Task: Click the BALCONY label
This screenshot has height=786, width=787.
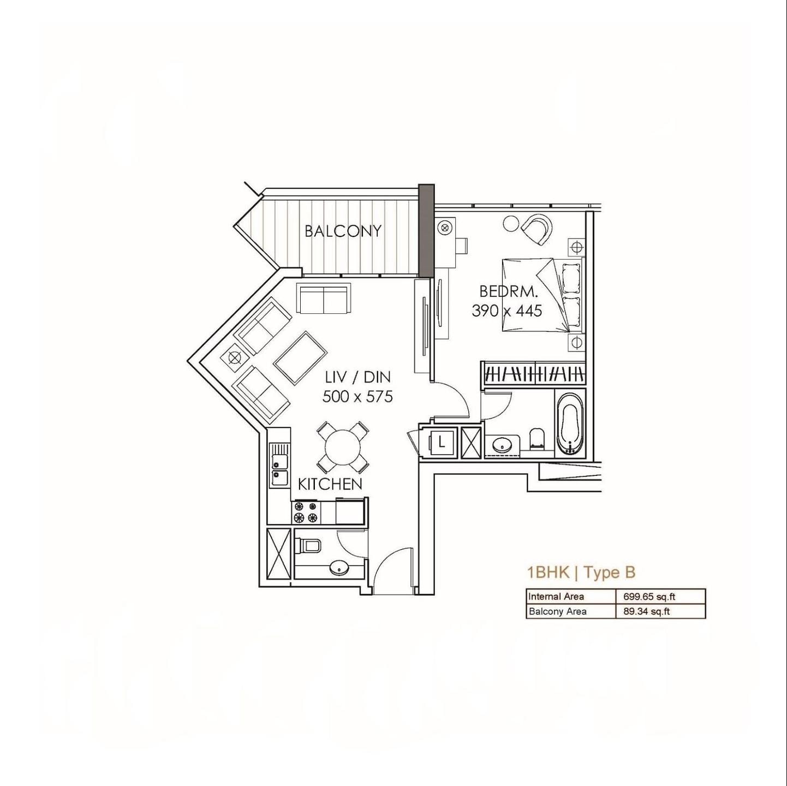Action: click(343, 231)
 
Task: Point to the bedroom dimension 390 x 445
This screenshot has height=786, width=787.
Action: click(507, 311)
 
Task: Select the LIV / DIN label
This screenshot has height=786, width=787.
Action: click(358, 377)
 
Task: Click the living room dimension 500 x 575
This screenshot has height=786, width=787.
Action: click(358, 396)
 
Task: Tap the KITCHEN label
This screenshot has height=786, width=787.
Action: click(330, 485)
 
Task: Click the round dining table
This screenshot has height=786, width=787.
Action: click(343, 448)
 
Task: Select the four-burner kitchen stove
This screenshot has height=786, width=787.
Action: click(306, 512)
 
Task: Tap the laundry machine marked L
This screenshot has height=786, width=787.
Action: click(440, 443)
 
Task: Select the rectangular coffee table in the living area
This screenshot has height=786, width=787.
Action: click(300, 358)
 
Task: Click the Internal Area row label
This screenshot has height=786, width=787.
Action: click(556, 597)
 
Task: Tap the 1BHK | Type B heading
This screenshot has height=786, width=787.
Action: click(582, 573)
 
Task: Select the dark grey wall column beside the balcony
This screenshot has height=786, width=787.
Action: click(427, 231)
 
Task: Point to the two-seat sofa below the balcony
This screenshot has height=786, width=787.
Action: click(324, 300)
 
